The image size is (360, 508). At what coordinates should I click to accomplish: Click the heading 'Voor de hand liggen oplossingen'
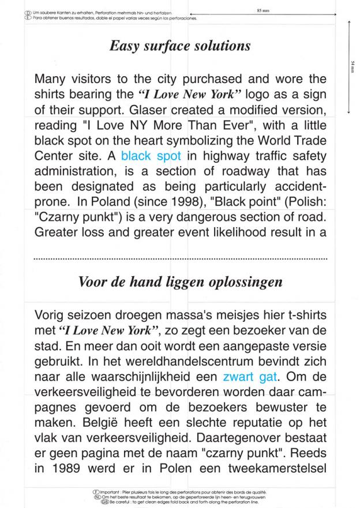pos(180,282)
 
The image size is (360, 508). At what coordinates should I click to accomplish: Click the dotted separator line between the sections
pos(180,259)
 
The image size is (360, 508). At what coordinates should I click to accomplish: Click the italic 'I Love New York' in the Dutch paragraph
pos(110,332)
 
